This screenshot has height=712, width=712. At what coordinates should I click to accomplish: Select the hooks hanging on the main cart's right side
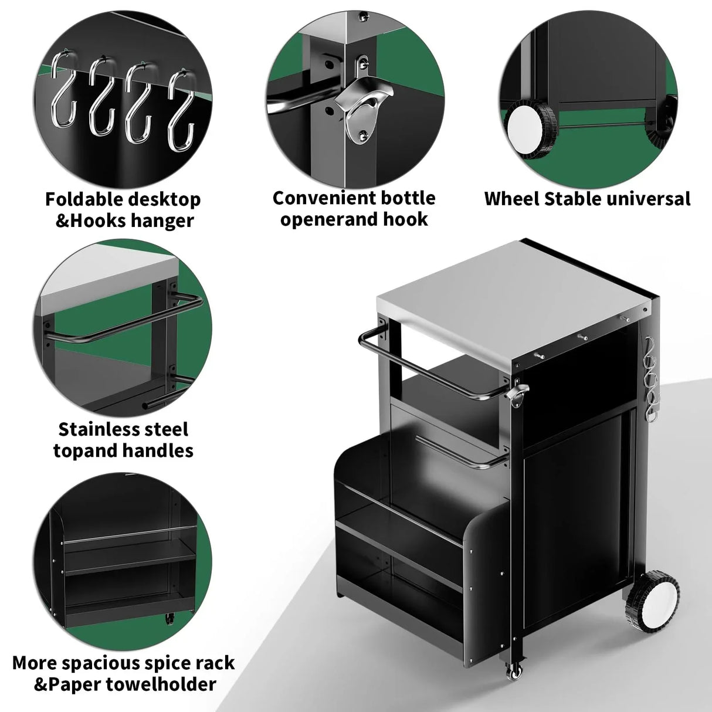tap(650, 378)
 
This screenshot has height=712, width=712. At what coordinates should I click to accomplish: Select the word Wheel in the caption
tap(511, 199)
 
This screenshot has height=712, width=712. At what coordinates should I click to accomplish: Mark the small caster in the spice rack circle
tap(171, 618)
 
